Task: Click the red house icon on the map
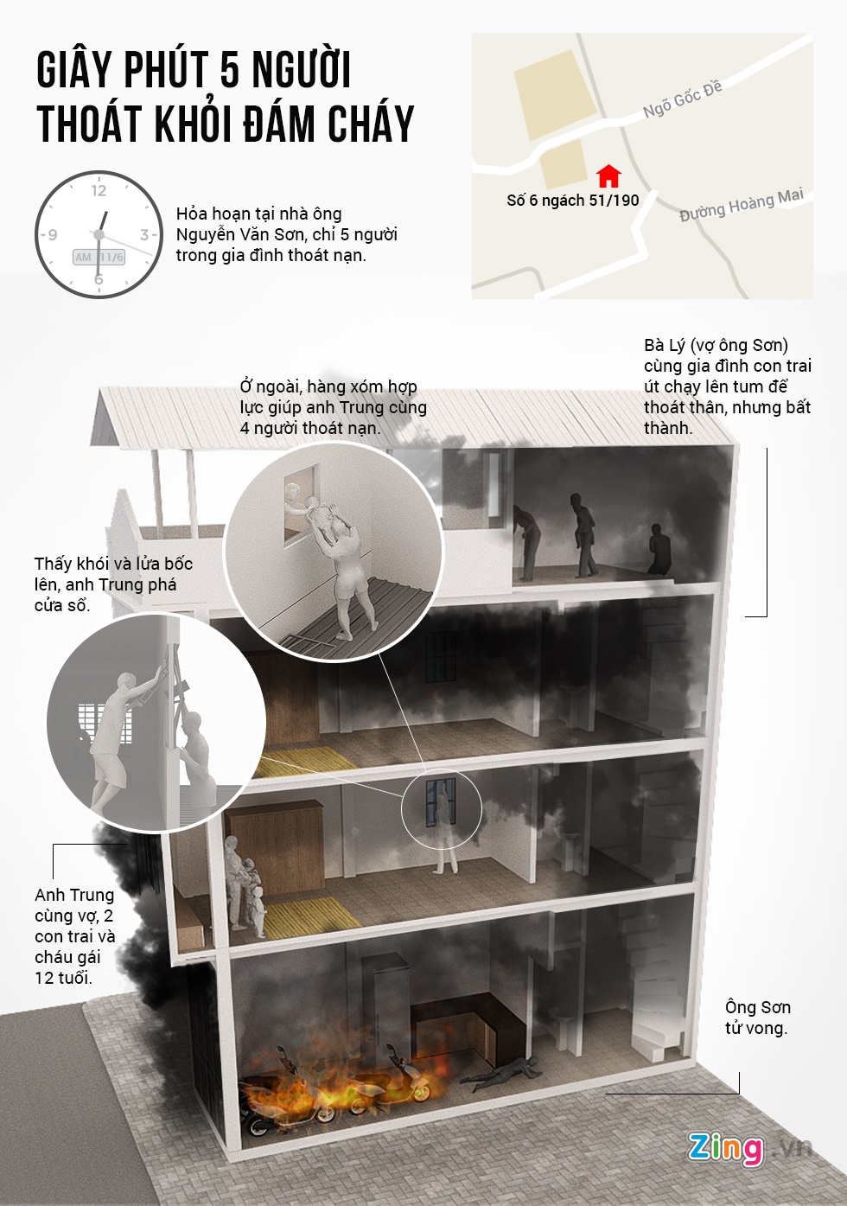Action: [608, 176]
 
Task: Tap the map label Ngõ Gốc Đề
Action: [682, 99]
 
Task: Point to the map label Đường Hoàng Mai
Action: [742, 205]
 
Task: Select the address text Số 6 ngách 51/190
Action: [572, 201]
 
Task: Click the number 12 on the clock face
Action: [99, 190]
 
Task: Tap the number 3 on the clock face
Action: [144, 234]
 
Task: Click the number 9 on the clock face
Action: [52, 235]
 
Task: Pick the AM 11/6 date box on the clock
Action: [99, 258]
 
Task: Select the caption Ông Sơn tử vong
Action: [758, 1017]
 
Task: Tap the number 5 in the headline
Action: [229, 69]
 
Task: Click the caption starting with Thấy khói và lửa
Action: [113, 584]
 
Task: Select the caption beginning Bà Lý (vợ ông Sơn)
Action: [728, 386]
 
